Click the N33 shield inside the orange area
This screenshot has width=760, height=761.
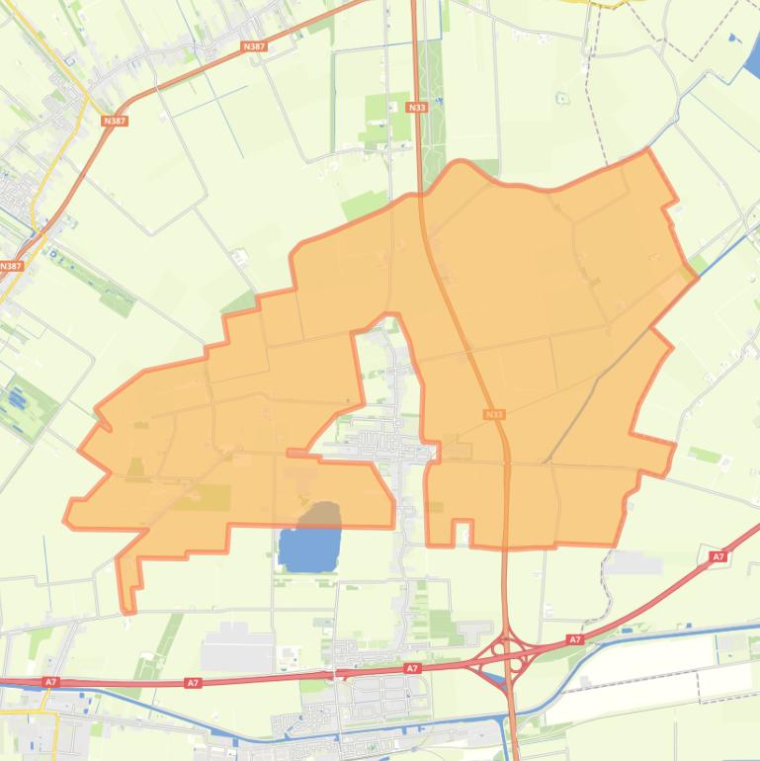495,415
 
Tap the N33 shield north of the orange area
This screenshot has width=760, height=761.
416,107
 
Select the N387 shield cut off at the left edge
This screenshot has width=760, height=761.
10,266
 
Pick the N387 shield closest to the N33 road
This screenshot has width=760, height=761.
254,46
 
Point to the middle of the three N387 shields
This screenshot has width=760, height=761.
115,121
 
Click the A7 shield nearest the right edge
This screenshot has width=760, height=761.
718,557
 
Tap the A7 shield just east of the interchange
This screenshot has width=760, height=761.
575,640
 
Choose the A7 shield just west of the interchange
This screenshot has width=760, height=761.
412,669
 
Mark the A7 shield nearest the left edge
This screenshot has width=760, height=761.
50,682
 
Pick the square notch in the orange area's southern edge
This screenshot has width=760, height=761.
462,533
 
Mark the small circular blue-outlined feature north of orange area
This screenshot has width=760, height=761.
561,98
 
